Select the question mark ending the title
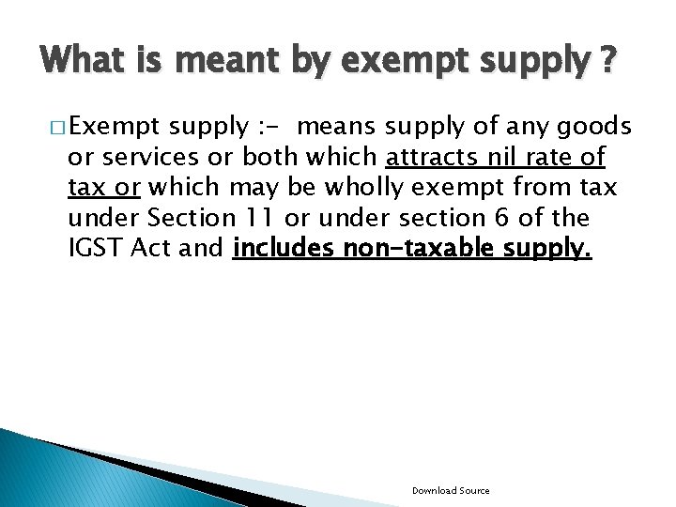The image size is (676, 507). coord(609,62)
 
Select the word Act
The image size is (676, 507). coord(162,248)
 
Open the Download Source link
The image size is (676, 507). coord(451,491)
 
